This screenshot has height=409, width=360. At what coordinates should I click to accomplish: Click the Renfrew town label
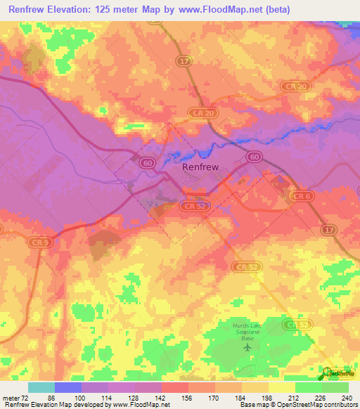[200, 167]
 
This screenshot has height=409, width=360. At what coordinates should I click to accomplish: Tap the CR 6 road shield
[302, 196]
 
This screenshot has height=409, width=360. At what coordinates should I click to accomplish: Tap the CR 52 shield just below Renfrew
[192, 206]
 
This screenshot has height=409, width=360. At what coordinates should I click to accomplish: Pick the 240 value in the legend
[346, 398]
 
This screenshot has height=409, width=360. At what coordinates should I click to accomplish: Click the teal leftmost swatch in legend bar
[41, 387]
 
